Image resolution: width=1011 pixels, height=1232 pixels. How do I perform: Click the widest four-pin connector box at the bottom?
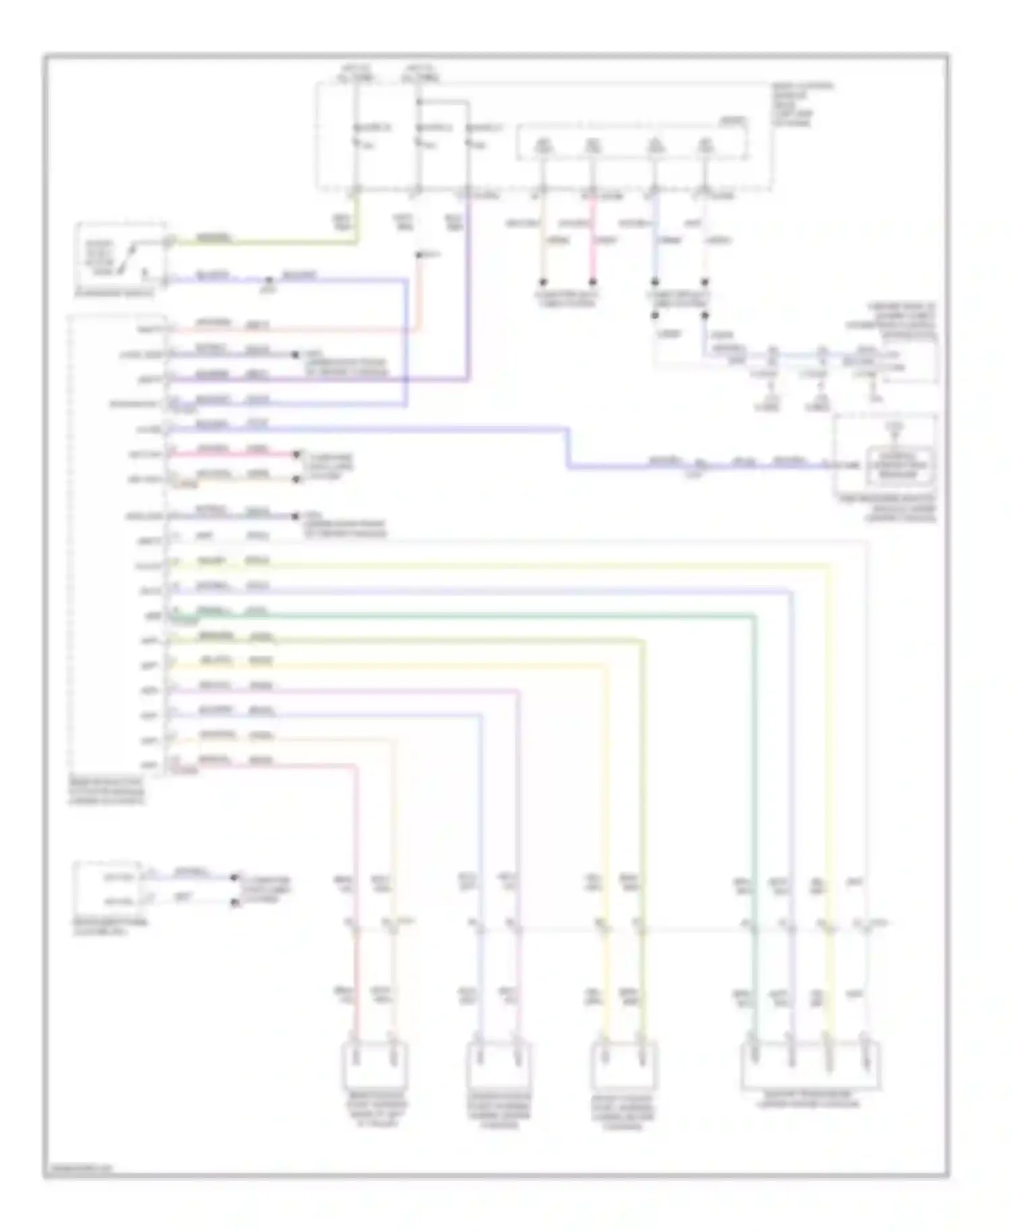point(810,1066)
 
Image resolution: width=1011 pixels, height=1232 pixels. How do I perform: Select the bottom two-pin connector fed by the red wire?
point(375,1065)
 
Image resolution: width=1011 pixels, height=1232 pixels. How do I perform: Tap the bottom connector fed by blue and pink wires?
point(498,1065)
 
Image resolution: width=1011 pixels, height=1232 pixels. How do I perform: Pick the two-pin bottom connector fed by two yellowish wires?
point(624,1065)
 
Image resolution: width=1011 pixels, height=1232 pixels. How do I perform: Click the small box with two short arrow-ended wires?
point(108,888)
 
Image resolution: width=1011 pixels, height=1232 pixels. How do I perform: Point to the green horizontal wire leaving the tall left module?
point(472,615)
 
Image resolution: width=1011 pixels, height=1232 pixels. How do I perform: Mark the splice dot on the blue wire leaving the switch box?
point(269,279)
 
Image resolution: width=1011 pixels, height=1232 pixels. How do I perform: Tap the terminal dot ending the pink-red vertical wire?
point(592,282)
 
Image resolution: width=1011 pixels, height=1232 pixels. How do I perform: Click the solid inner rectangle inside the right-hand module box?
point(900,466)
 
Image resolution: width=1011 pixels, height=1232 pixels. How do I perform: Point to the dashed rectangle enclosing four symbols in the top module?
point(632,142)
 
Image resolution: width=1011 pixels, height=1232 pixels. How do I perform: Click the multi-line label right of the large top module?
point(801,104)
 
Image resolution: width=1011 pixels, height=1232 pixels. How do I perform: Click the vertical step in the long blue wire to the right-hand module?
point(568,446)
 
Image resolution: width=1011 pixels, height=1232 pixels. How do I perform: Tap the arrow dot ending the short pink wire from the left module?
point(296,455)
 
